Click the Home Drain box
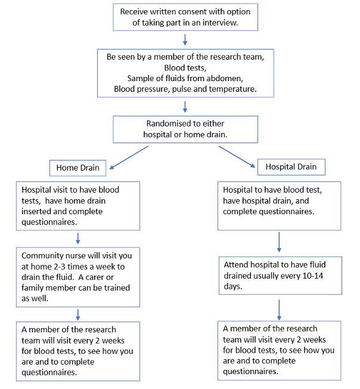click(78, 168)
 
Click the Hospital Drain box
click(291, 167)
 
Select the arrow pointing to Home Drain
click(129, 158)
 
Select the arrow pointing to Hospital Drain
click(237, 157)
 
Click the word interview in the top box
click(220, 23)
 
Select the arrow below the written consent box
click(185, 40)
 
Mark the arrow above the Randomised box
click(185, 107)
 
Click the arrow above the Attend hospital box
click(279, 242)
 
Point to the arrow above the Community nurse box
click(78, 239)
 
